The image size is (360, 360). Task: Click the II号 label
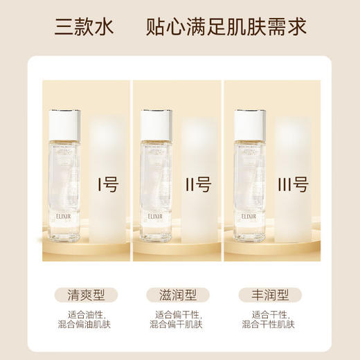point(197,185)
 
